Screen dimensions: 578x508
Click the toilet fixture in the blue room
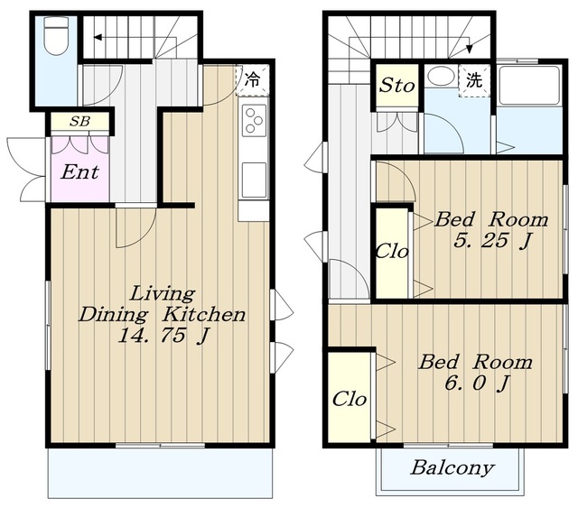(56, 36)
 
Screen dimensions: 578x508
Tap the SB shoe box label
(80, 121)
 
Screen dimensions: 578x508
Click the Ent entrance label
(80, 171)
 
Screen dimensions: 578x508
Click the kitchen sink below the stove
(254, 180)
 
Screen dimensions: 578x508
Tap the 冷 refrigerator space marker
(253, 80)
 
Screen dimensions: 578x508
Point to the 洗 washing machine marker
(474, 80)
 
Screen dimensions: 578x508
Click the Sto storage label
(397, 86)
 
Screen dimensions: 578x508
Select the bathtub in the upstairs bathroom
(529, 86)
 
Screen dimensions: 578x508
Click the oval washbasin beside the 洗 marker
(441, 76)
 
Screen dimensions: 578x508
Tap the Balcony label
(452, 467)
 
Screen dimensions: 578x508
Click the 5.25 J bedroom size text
(493, 241)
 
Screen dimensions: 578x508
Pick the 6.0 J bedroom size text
(477, 383)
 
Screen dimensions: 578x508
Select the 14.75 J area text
(163, 337)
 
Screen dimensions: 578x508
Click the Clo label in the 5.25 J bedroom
(392, 252)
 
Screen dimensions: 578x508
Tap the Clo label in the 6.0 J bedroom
(350, 399)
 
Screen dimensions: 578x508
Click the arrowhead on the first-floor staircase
(98, 37)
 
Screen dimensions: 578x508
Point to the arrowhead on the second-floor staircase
(470, 49)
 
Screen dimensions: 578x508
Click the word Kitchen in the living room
(204, 315)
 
